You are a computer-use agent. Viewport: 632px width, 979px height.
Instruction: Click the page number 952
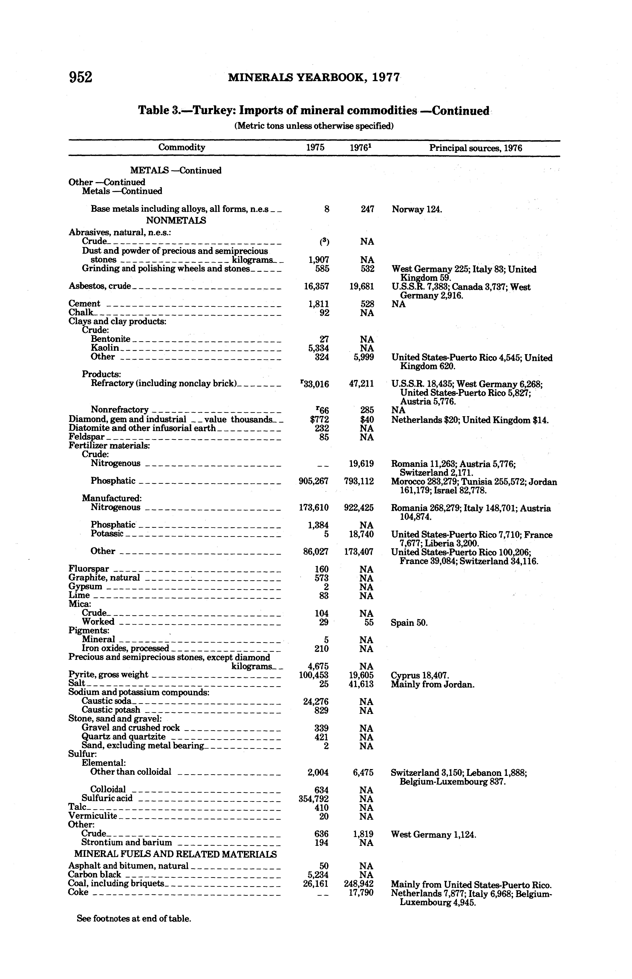coord(81,77)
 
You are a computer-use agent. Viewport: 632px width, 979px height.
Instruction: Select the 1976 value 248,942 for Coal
coord(359,884)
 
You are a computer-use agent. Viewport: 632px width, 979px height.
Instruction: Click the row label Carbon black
coord(95,875)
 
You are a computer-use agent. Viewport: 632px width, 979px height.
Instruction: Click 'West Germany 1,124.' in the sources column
coord(433,835)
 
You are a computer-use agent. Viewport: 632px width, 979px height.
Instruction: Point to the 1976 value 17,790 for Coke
coord(361,893)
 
